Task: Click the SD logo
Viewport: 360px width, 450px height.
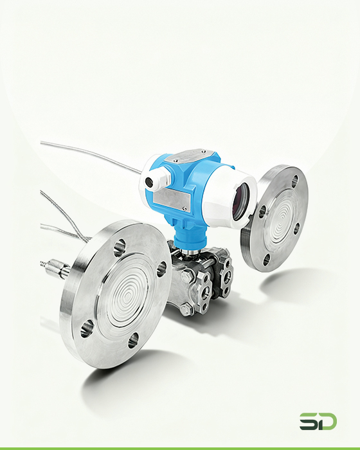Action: pyautogui.click(x=318, y=421)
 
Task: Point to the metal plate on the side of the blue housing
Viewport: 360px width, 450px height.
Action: pyautogui.click(x=172, y=199)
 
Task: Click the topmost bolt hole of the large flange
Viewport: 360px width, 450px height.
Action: pyautogui.click(x=120, y=248)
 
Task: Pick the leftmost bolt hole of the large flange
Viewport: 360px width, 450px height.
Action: pyautogui.click(x=87, y=327)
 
